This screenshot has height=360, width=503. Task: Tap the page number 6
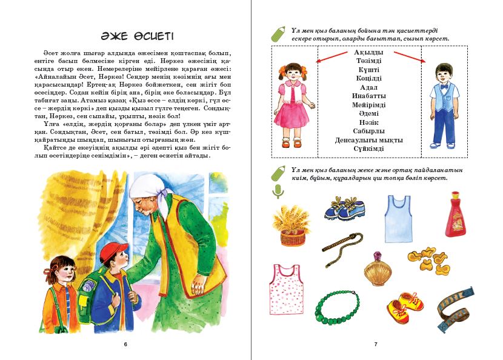125,344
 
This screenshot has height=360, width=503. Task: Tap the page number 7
376,344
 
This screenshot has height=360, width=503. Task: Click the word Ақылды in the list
368,53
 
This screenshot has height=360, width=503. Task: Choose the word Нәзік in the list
368,122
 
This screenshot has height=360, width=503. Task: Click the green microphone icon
278,192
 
